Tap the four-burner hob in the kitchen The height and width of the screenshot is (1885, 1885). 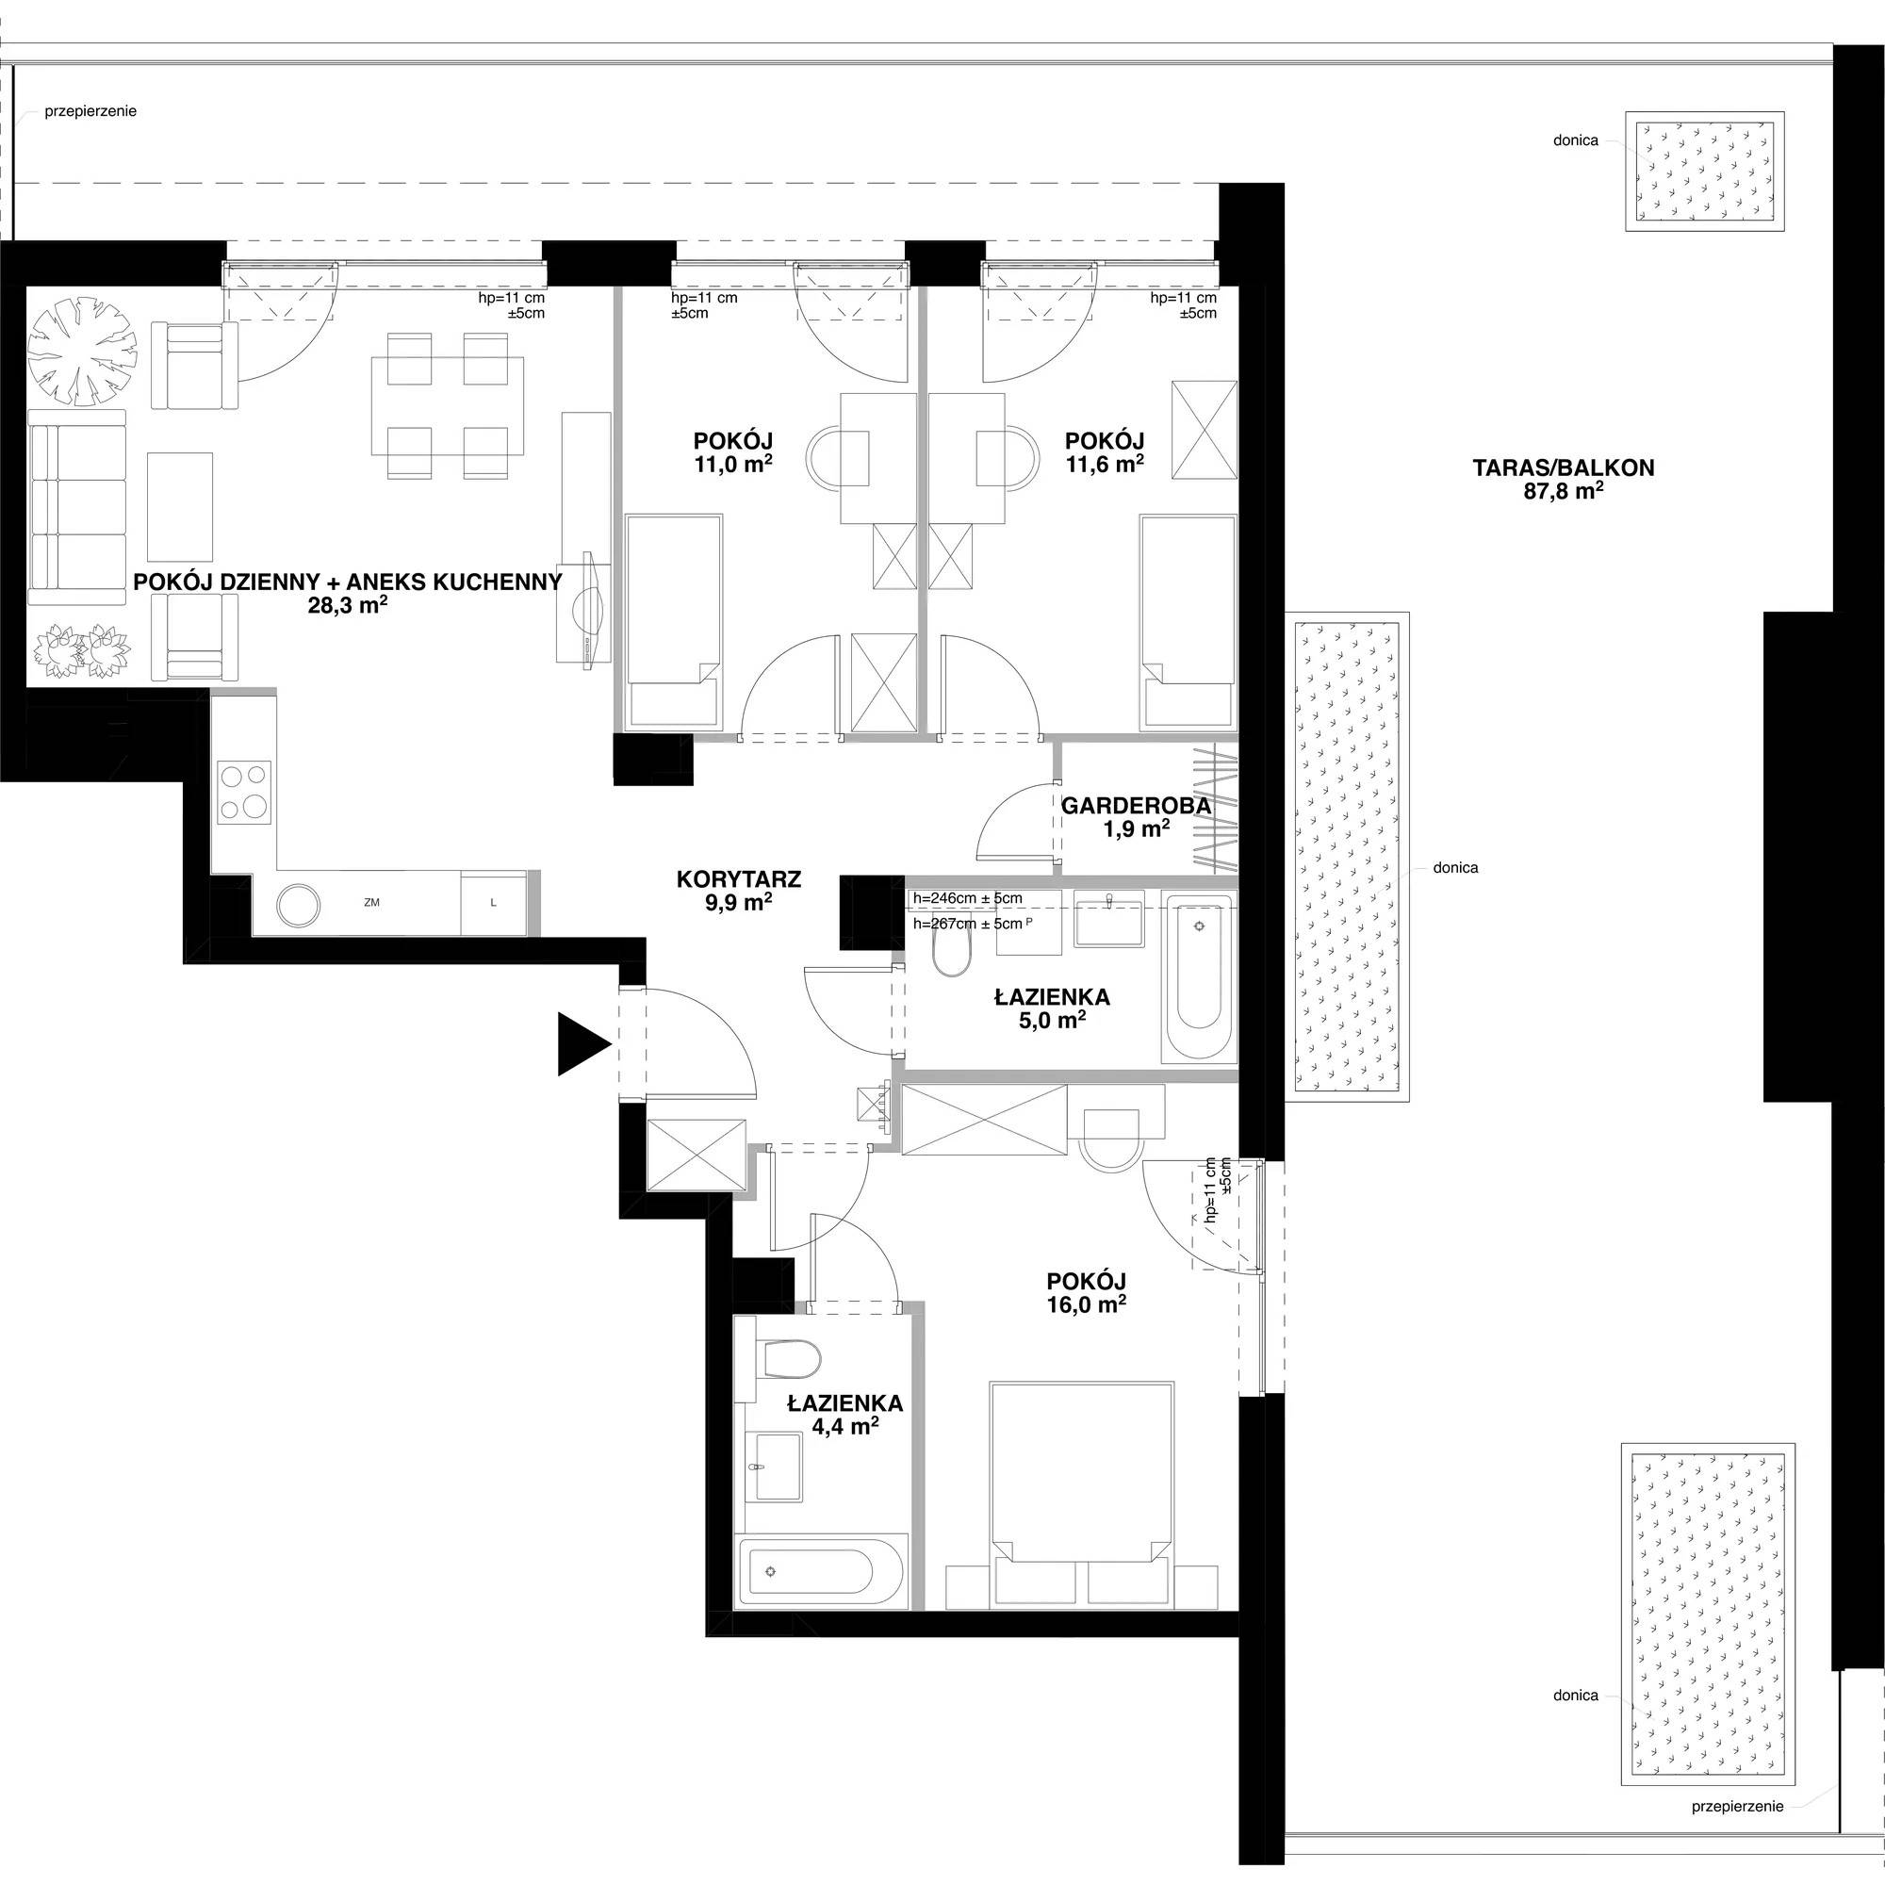[244, 792]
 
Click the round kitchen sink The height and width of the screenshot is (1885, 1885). [299, 906]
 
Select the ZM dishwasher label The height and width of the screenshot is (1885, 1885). [371, 904]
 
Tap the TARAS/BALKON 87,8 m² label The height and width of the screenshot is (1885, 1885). [1564, 479]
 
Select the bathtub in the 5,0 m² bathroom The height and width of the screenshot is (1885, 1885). [1199, 975]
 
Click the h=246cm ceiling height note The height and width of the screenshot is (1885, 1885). [968, 898]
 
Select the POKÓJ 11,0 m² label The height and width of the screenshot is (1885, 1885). [733, 452]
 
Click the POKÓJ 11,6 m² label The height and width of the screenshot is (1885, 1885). [1105, 452]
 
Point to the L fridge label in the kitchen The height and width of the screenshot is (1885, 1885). [494, 904]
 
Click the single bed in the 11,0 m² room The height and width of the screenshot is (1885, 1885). [673, 622]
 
